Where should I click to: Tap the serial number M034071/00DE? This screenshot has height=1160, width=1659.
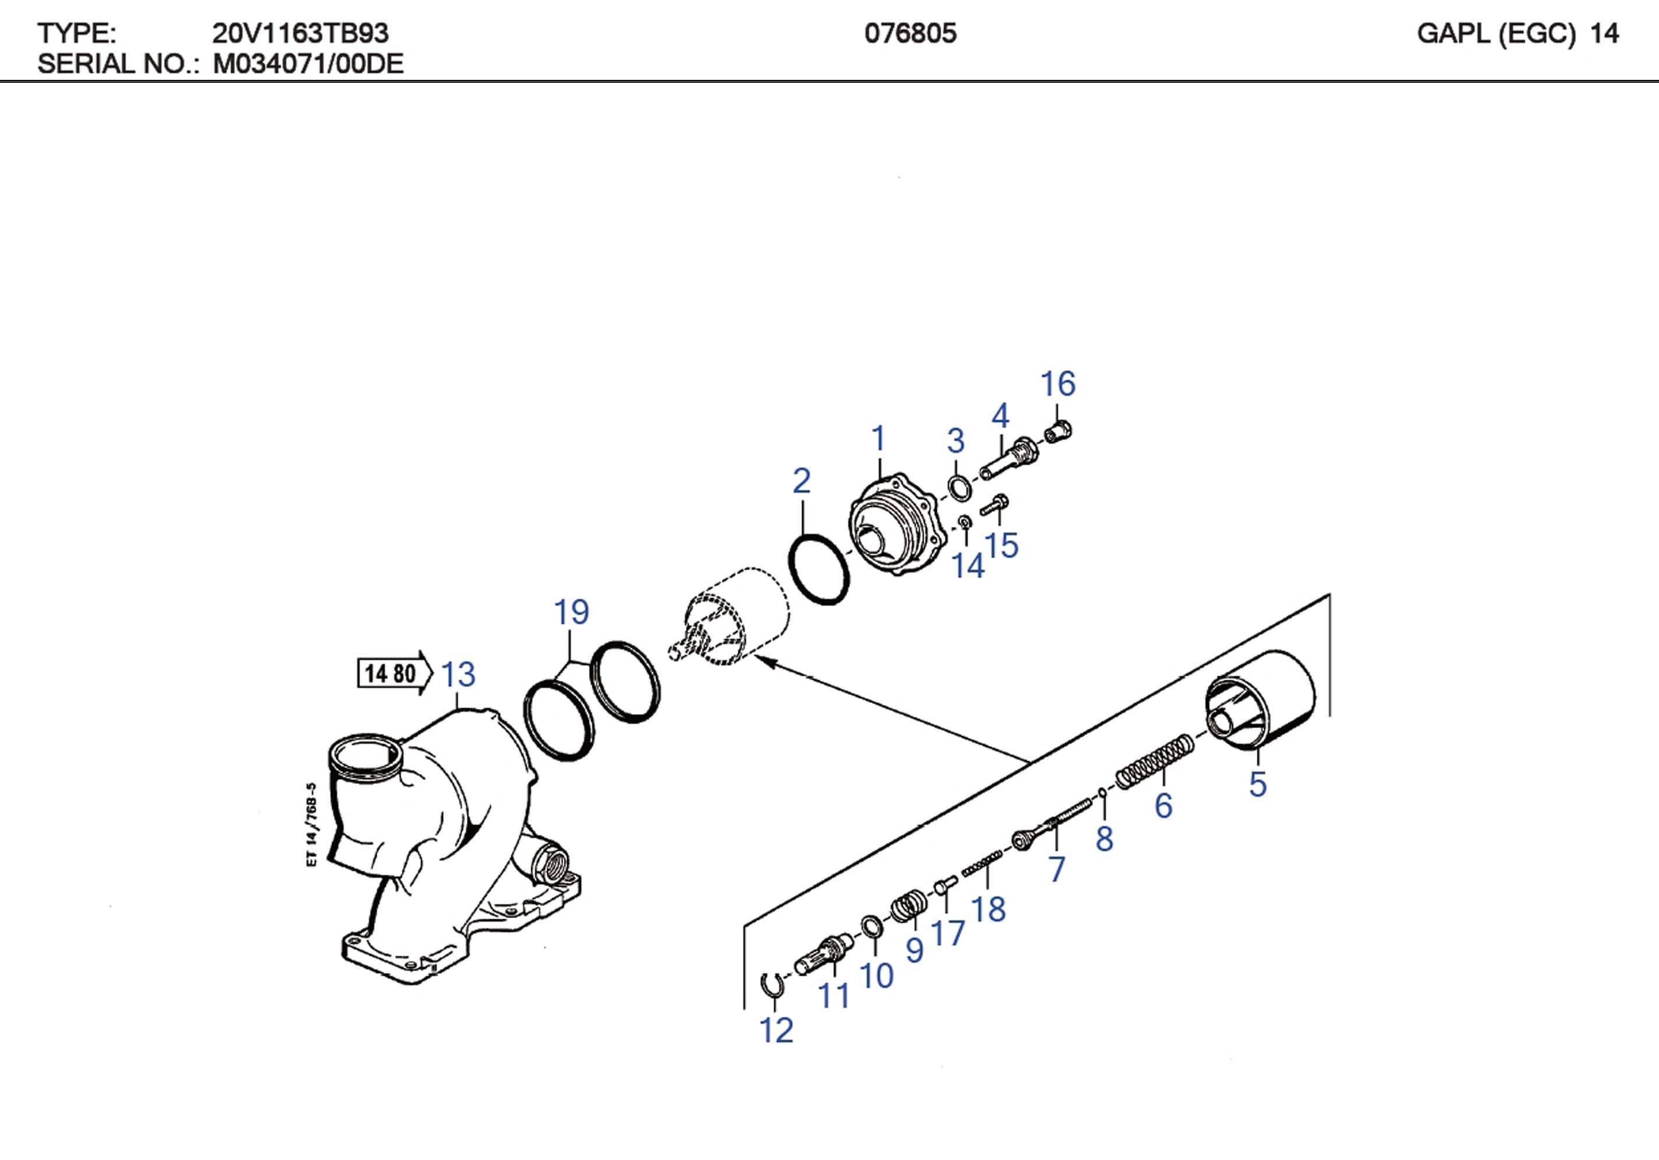click(x=308, y=64)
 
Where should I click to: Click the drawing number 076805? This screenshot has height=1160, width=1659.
click(x=910, y=33)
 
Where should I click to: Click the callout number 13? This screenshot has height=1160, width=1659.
click(x=458, y=674)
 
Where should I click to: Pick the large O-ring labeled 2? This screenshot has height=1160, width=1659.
click(x=818, y=569)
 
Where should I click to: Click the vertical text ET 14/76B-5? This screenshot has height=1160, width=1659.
click(x=311, y=824)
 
